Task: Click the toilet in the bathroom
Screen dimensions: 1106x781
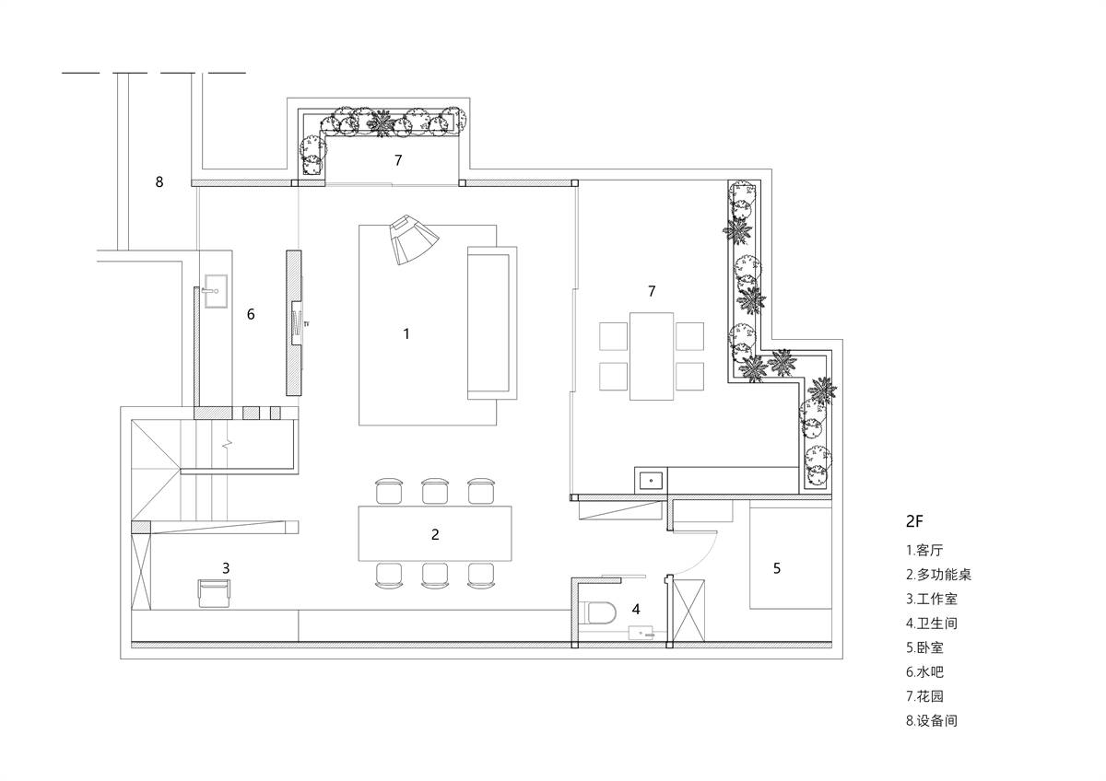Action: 602,613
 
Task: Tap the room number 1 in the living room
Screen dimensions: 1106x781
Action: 406,334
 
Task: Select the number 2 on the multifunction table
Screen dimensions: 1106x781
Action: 435,534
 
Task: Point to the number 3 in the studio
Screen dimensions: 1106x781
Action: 226,568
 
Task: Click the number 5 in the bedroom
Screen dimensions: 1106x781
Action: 777,568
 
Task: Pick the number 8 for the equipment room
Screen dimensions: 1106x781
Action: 159,182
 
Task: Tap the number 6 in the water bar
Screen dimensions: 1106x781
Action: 251,314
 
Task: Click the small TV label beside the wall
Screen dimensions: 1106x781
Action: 307,324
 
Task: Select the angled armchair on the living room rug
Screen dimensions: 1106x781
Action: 414,239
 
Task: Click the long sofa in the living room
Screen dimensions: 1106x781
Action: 492,322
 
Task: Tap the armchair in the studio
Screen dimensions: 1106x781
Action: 214,593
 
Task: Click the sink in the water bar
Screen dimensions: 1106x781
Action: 216,291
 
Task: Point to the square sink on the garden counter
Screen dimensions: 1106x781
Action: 651,479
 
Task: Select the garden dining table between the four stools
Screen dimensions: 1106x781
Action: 652,356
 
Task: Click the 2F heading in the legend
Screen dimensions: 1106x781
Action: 914,521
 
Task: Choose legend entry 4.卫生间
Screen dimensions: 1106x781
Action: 932,624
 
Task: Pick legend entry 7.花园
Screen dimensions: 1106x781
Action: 924,696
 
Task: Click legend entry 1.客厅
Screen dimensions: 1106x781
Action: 924,550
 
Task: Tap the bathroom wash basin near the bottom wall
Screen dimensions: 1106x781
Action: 641,633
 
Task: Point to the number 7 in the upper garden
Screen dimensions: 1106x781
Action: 398,160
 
